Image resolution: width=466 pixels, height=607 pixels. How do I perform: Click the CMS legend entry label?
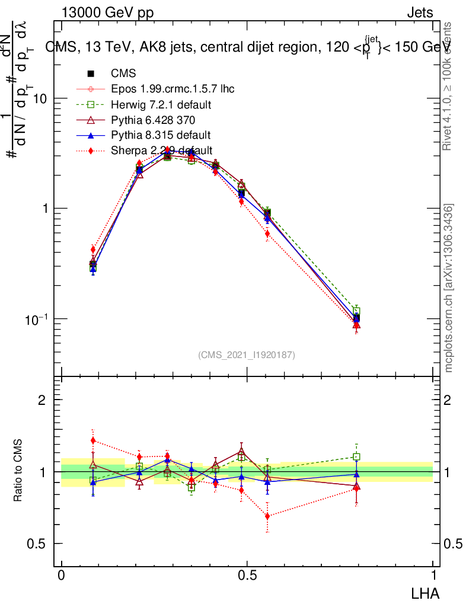123,74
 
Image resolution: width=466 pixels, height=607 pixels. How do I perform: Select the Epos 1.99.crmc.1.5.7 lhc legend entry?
173,90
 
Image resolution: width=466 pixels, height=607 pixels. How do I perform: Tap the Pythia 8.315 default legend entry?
161,135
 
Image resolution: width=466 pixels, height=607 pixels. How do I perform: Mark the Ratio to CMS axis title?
18,472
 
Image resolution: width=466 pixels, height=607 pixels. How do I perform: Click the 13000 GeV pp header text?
107,14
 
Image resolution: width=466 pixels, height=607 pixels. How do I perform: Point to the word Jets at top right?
419,14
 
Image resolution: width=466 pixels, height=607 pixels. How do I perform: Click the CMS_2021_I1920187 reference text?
247,354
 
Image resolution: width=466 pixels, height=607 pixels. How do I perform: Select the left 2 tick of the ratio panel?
42,400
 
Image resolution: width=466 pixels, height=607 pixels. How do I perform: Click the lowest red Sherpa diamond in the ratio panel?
267,516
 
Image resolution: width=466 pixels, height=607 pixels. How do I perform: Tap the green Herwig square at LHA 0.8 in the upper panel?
356,312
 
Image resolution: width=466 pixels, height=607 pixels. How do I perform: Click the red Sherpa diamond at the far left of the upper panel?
93,250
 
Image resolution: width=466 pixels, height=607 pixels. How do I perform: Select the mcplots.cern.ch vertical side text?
449,288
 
